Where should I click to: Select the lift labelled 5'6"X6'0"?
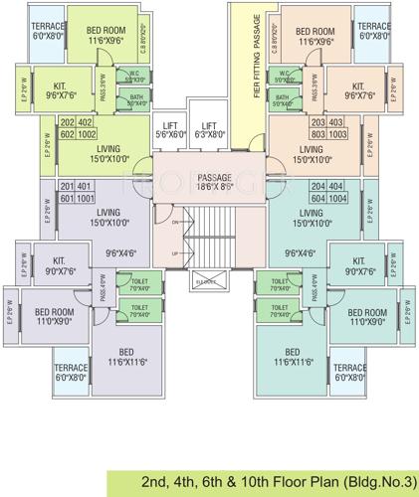[170, 129]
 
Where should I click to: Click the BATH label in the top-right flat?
[283, 97]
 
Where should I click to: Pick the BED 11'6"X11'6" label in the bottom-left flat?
[127, 357]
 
